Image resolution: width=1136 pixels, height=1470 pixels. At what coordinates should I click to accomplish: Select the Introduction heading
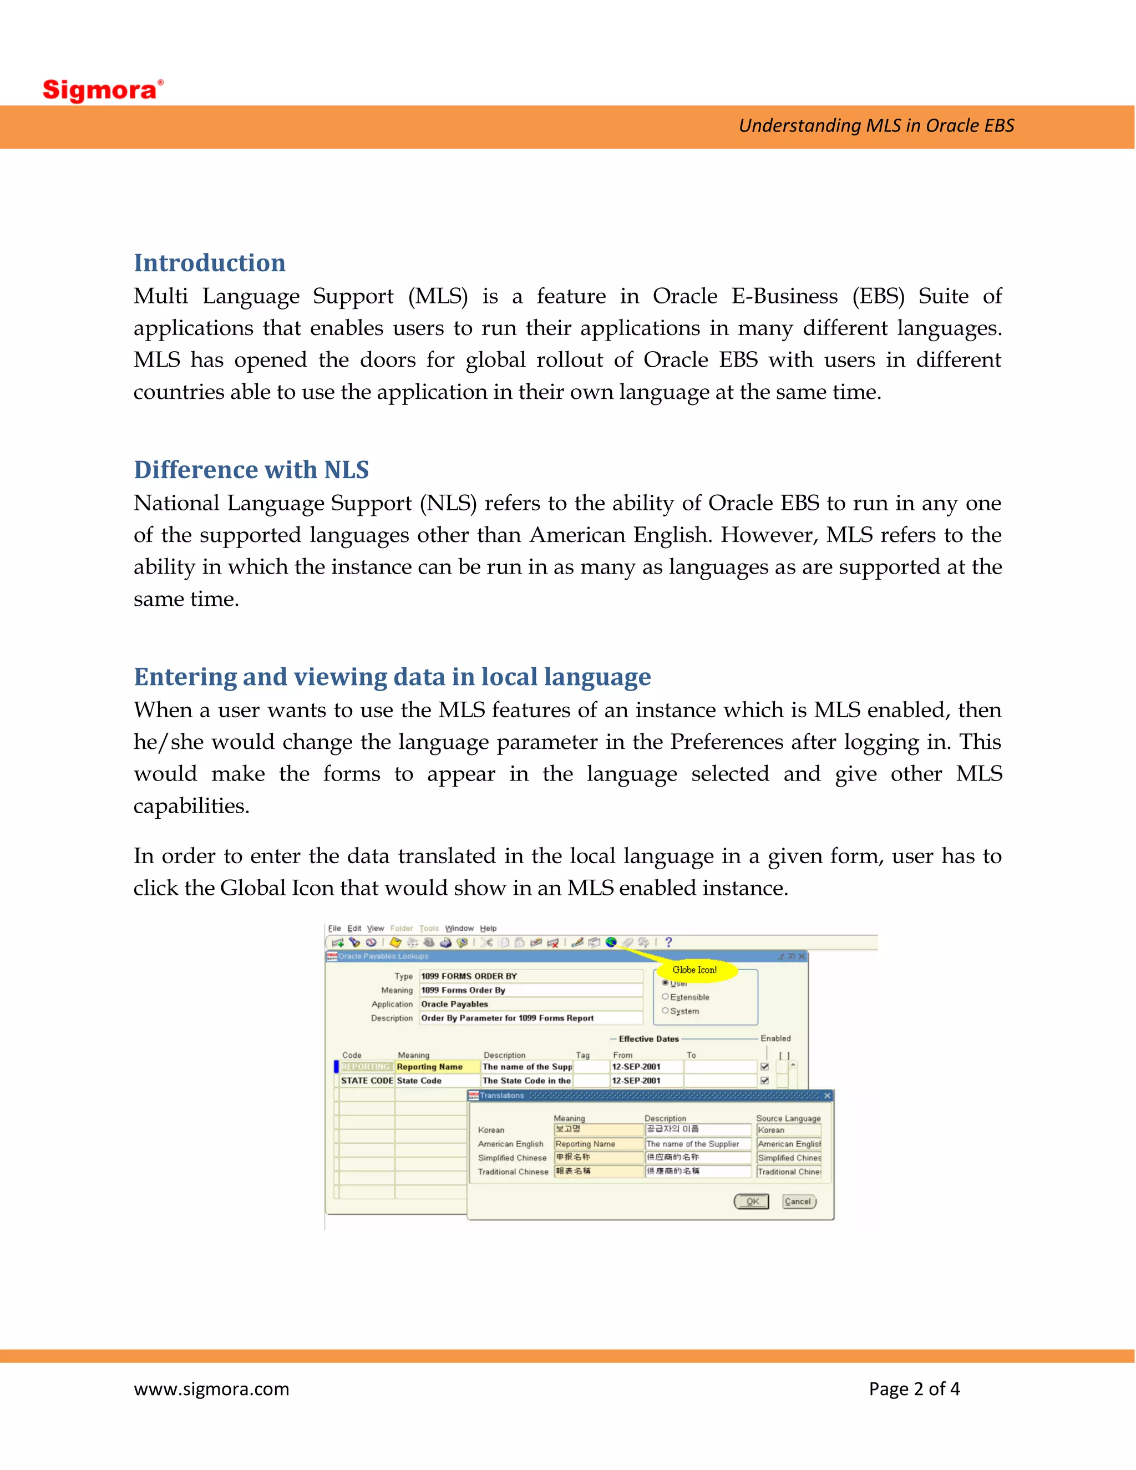point(209,262)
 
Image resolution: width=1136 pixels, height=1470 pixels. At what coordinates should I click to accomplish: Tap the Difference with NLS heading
point(251,469)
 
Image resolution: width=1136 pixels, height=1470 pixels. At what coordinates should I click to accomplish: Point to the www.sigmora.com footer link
point(211,1388)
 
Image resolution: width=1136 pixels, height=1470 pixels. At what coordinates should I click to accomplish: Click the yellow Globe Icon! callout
point(694,970)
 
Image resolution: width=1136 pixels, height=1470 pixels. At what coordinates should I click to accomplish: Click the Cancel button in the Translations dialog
point(798,1202)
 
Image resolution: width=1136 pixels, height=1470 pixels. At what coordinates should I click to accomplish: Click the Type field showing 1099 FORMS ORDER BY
point(530,976)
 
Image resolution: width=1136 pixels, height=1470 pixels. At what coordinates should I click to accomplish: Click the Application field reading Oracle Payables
point(530,1004)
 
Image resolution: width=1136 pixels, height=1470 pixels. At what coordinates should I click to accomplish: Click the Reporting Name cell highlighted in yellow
point(437,1067)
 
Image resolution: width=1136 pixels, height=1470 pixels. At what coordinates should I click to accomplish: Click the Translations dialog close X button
point(827,1096)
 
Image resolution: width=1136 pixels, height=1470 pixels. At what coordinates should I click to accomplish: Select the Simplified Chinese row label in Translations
point(512,1158)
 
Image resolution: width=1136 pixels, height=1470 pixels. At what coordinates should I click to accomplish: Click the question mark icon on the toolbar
point(668,942)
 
